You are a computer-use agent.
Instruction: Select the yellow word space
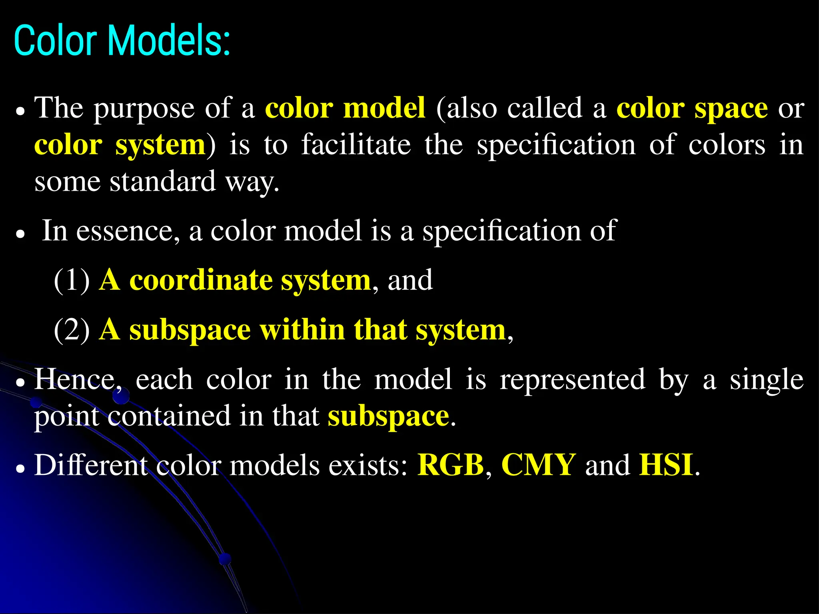(731, 109)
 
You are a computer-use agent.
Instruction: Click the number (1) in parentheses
(72, 280)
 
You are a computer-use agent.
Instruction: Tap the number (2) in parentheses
(72, 330)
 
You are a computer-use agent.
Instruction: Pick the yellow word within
(302, 330)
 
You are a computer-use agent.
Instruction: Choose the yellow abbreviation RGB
(451, 465)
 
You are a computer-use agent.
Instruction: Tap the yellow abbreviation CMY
(538, 465)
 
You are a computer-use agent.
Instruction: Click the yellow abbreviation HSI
(666, 465)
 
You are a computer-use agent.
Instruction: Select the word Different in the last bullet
(91, 465)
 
